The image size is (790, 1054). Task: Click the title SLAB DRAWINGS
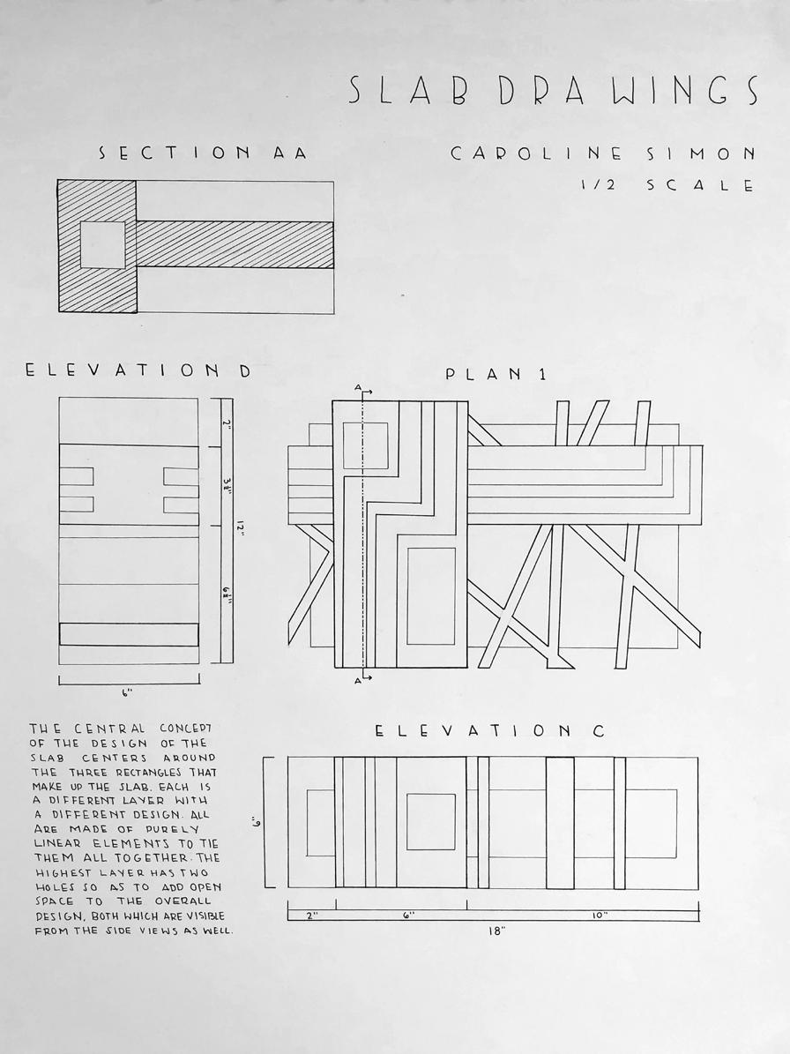[554, 90]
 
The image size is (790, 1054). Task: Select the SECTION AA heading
[203, 153]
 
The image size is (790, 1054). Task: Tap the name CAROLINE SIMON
[602, 154]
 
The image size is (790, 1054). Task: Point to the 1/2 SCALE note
[667, 185]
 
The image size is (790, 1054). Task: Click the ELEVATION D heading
[138, 370]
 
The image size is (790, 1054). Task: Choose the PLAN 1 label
[496, 374]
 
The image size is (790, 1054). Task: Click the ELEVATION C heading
[489, 730]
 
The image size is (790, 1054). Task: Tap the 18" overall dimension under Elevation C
[497, 931]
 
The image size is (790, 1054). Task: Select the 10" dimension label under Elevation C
[600, 915]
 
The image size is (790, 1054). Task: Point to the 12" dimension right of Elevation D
[239, 530]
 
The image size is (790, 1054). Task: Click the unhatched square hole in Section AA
[103, 244]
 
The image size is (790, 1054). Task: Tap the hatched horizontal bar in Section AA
[235, 244]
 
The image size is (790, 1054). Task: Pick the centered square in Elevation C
[431, 822]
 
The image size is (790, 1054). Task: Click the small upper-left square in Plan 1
[366, 446]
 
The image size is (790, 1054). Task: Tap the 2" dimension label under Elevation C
[312, 915]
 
